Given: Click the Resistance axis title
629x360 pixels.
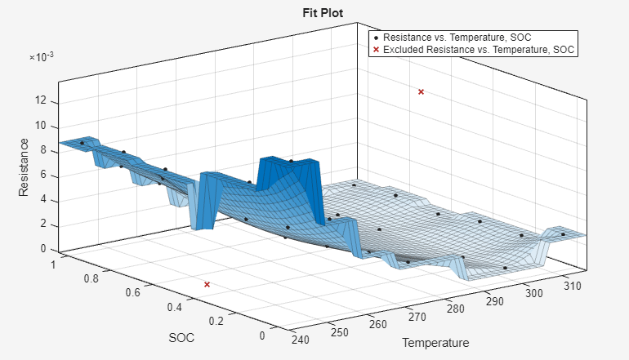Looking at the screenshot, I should (24, 169).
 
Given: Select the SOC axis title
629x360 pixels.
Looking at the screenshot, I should (181, 338).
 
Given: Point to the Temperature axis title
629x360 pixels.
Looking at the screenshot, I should (435, 343).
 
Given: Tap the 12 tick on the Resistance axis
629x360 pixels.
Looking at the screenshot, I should (42, 102).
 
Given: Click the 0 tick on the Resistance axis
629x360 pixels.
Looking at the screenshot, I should (43, 249).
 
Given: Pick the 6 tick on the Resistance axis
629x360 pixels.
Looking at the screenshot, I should (43, 176).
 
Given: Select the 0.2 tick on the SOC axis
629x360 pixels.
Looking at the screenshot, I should (216, 321).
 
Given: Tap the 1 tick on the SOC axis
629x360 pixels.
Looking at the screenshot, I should (55, 264).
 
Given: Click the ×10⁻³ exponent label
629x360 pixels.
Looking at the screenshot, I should (42, 57).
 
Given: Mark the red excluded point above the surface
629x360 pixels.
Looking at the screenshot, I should (421, 91).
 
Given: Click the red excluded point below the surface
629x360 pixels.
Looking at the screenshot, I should (207, 284).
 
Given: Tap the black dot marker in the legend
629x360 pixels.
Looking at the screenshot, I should (376, 38).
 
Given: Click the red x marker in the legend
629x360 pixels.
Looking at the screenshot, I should (376, 50).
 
